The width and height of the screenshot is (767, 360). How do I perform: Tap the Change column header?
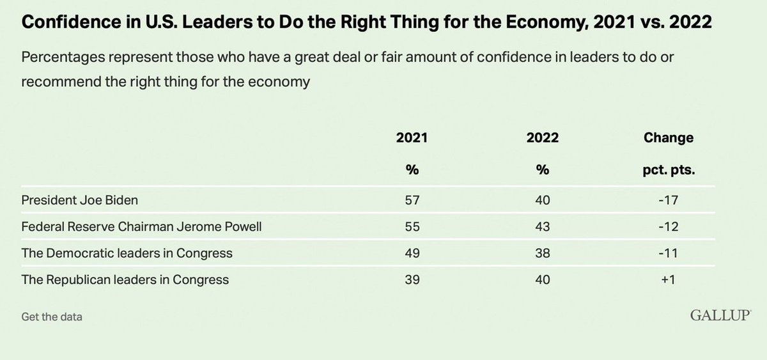tap(669, 137)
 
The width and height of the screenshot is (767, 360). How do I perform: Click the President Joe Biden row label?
tap(80, 200)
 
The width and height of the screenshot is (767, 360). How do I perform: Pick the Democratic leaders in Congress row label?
tap(127, 253)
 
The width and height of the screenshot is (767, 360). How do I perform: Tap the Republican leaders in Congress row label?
tap(125, 279)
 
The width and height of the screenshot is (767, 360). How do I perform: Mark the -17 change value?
tap(669, 200)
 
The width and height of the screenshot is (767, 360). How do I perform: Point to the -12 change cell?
tap(669, 226)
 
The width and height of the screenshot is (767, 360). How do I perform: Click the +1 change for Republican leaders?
tap(669, 279)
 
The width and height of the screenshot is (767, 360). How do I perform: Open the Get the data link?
tap(51, 317)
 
